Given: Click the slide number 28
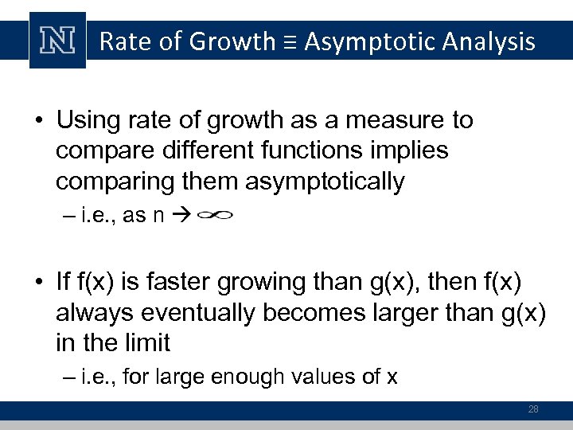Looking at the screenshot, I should tap(533, 409).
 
